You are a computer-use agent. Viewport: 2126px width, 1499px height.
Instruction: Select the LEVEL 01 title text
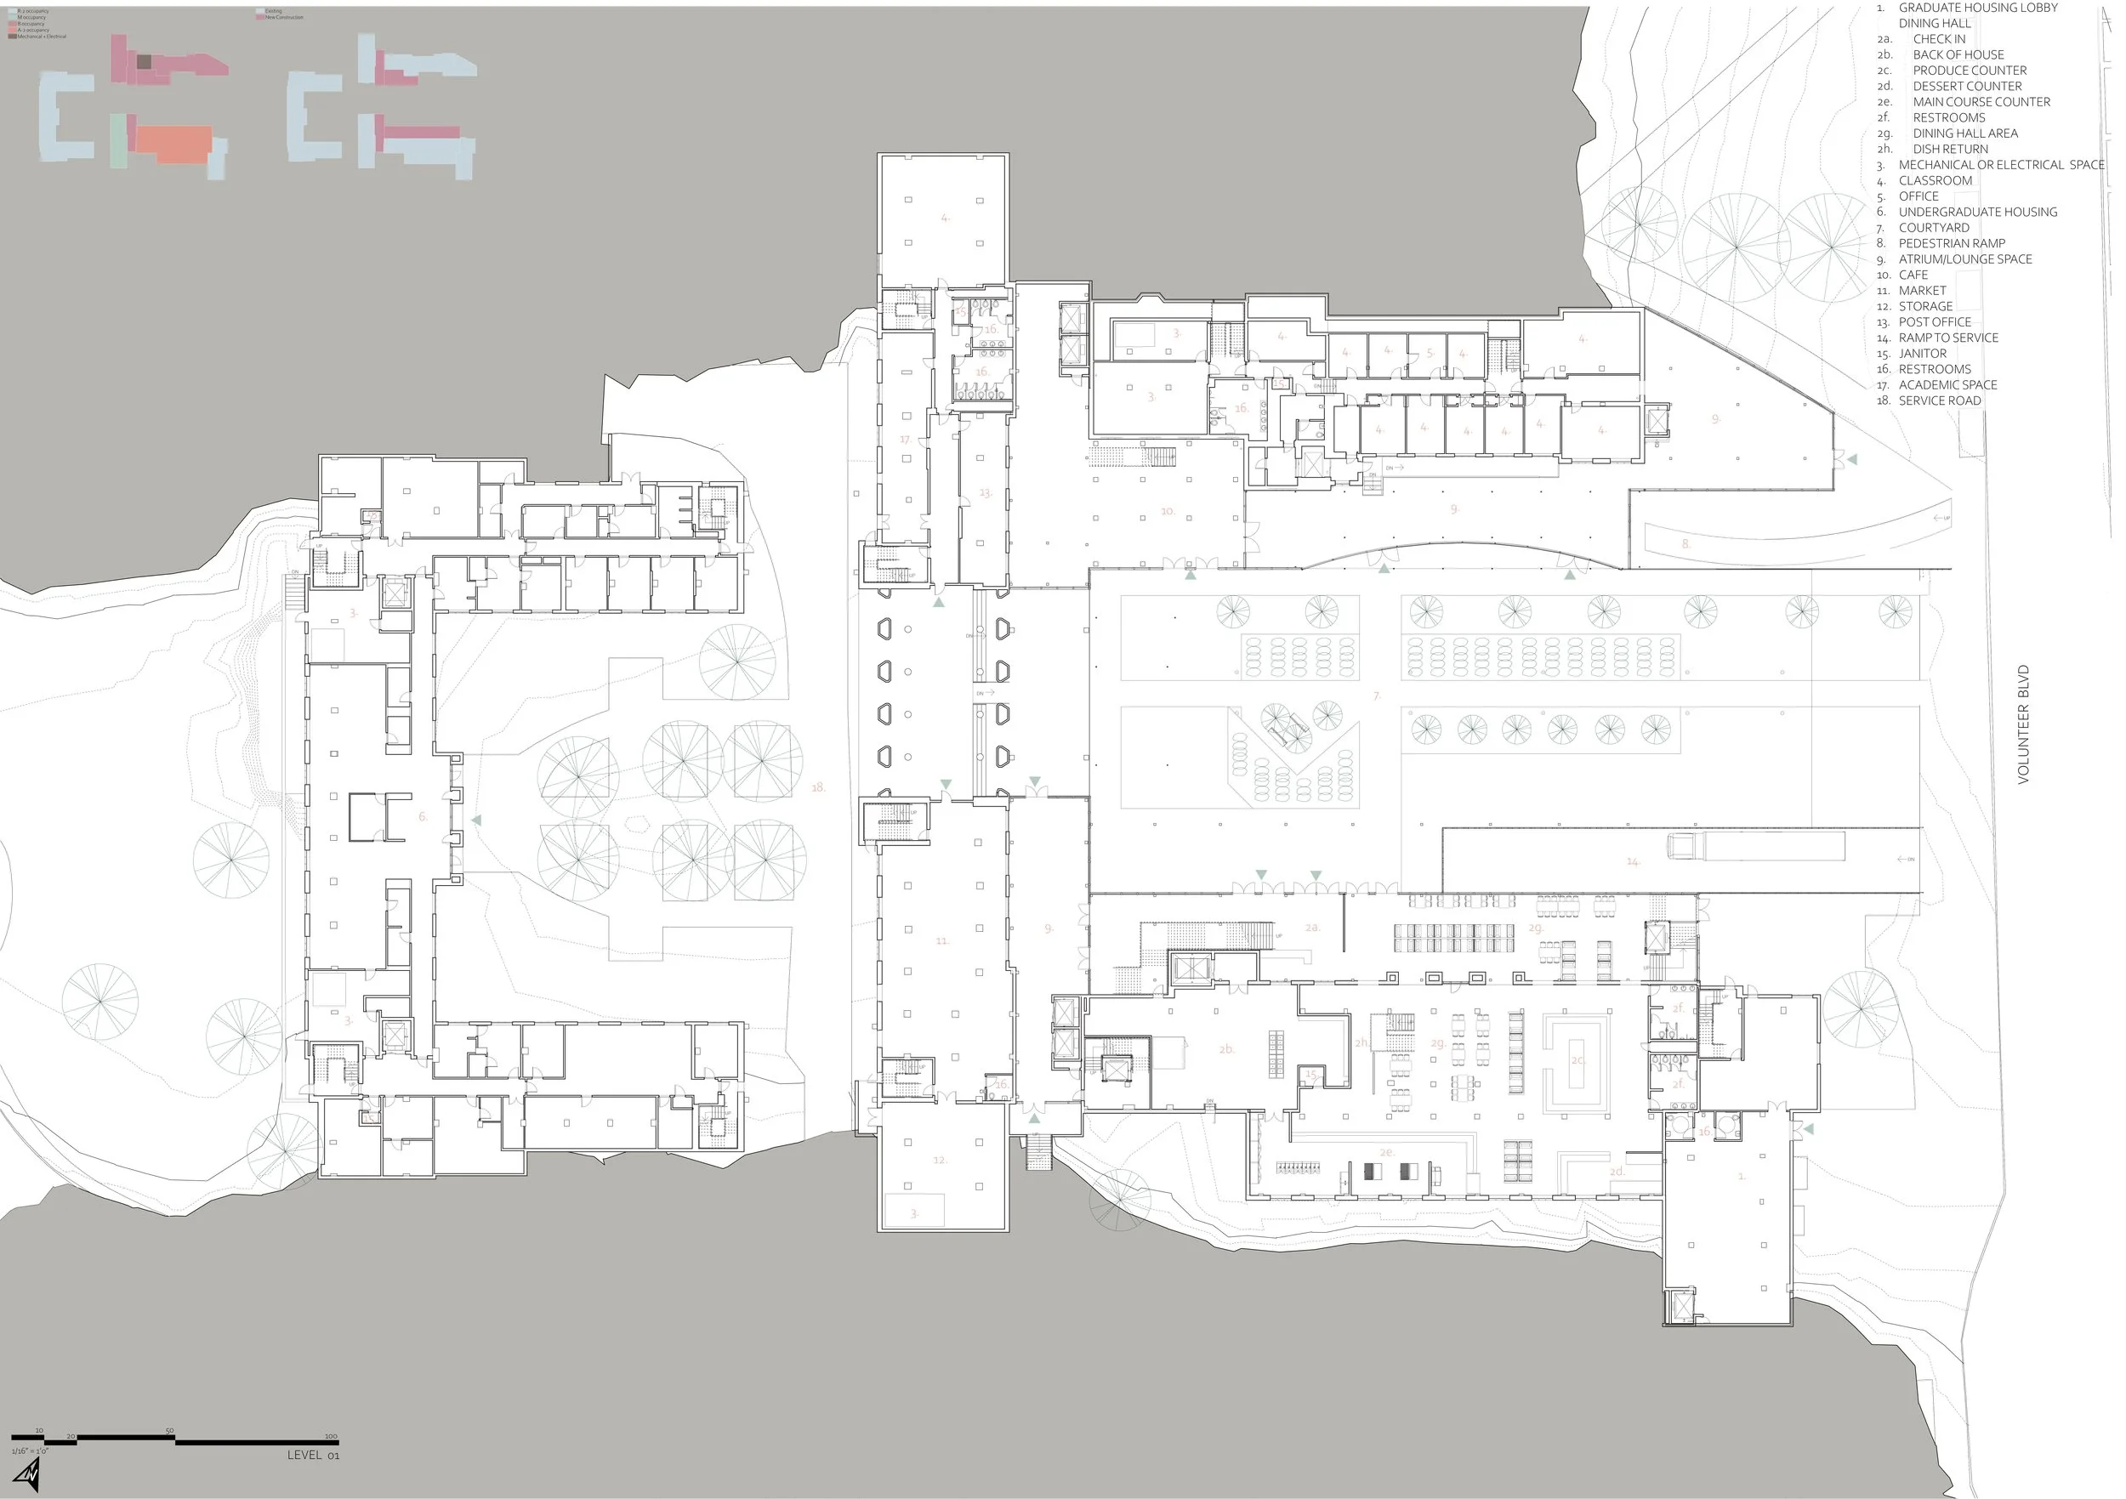(313, 1456)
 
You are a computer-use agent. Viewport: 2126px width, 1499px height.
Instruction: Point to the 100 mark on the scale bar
(331, 1437)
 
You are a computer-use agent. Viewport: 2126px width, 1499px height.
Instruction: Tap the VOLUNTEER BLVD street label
(2023, 724)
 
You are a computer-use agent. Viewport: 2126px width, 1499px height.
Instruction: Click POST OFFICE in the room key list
(1935, 322)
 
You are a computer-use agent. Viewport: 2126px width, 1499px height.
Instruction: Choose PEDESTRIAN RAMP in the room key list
(1951, 243)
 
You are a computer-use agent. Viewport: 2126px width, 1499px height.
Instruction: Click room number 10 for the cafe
(1168, 511)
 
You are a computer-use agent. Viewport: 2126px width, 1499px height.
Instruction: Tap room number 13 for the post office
(986, 492)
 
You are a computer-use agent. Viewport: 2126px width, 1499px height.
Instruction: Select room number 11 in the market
(941, 940)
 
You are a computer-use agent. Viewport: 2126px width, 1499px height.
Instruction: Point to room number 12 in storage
(940, 1159)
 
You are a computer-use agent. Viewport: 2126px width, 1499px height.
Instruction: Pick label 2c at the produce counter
(1577, 1060)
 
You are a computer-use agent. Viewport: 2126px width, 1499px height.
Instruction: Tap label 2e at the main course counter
(1386, 1152)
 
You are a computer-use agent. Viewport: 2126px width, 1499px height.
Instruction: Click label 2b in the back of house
(1227, 1049)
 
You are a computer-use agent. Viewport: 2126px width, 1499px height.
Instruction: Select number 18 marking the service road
(817, 788)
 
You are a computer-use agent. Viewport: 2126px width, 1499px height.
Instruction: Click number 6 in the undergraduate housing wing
(423, 816)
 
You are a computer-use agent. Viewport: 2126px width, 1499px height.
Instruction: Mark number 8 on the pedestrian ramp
(1685, 543)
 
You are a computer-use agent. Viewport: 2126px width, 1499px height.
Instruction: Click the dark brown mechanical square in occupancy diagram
(145, 61)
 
